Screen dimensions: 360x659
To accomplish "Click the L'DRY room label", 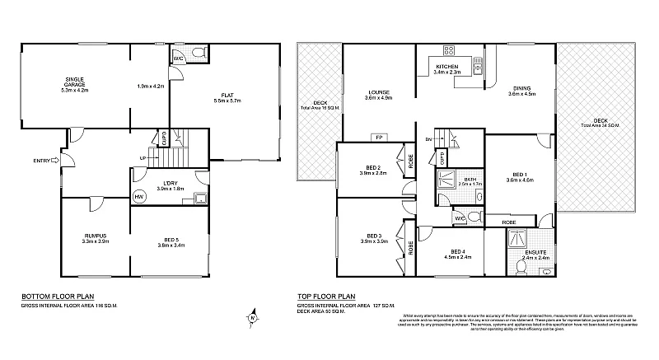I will [x=171, y=185].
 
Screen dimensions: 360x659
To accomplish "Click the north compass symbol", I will [x=253, y=316].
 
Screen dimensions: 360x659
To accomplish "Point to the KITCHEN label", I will [x=446, y=68].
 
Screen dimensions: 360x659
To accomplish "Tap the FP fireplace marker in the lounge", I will [x=379, y=137].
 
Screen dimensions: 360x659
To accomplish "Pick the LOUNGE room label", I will [x=380, y=95].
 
